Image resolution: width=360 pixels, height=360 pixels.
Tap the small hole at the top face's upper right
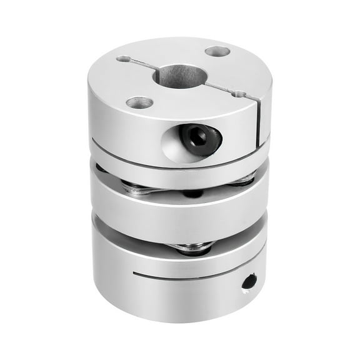click(217, 51)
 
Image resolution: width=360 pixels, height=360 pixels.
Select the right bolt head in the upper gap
click(244, 181)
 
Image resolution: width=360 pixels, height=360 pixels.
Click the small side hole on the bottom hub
click(249, 281)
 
